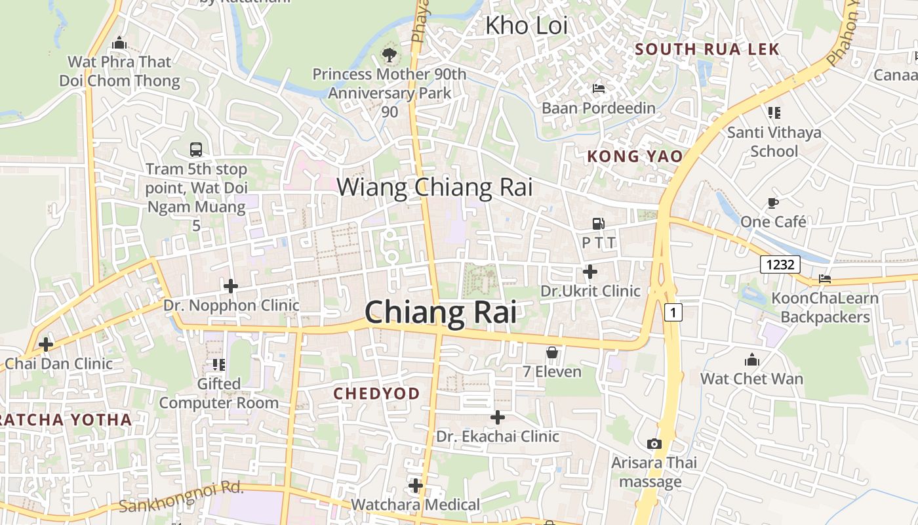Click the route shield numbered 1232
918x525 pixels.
[780, 264]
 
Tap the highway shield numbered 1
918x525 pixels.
[673, 312]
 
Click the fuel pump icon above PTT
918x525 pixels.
[598, 224]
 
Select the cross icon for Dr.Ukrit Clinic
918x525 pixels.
[589, 271]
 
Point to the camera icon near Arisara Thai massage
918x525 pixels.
[654, 444]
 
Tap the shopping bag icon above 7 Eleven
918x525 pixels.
[552, 353]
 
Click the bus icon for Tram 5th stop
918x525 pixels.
[196, 150]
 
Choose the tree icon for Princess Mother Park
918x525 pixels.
[389, 54]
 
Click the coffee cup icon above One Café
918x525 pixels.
[773, 203]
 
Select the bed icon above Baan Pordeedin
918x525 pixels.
[599, 89]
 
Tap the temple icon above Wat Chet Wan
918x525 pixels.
[752, 360]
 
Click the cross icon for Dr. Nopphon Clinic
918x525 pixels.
[231, 286]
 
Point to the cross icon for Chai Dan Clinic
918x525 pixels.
[46, 344]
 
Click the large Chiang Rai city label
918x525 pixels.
[440, 312]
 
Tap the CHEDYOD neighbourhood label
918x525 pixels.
[376, 394]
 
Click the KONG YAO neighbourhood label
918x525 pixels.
[634, 156]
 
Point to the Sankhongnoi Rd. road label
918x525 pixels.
[182, 497]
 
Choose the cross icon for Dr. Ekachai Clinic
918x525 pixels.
[498, 417]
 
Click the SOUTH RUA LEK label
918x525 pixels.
[707, 49]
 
